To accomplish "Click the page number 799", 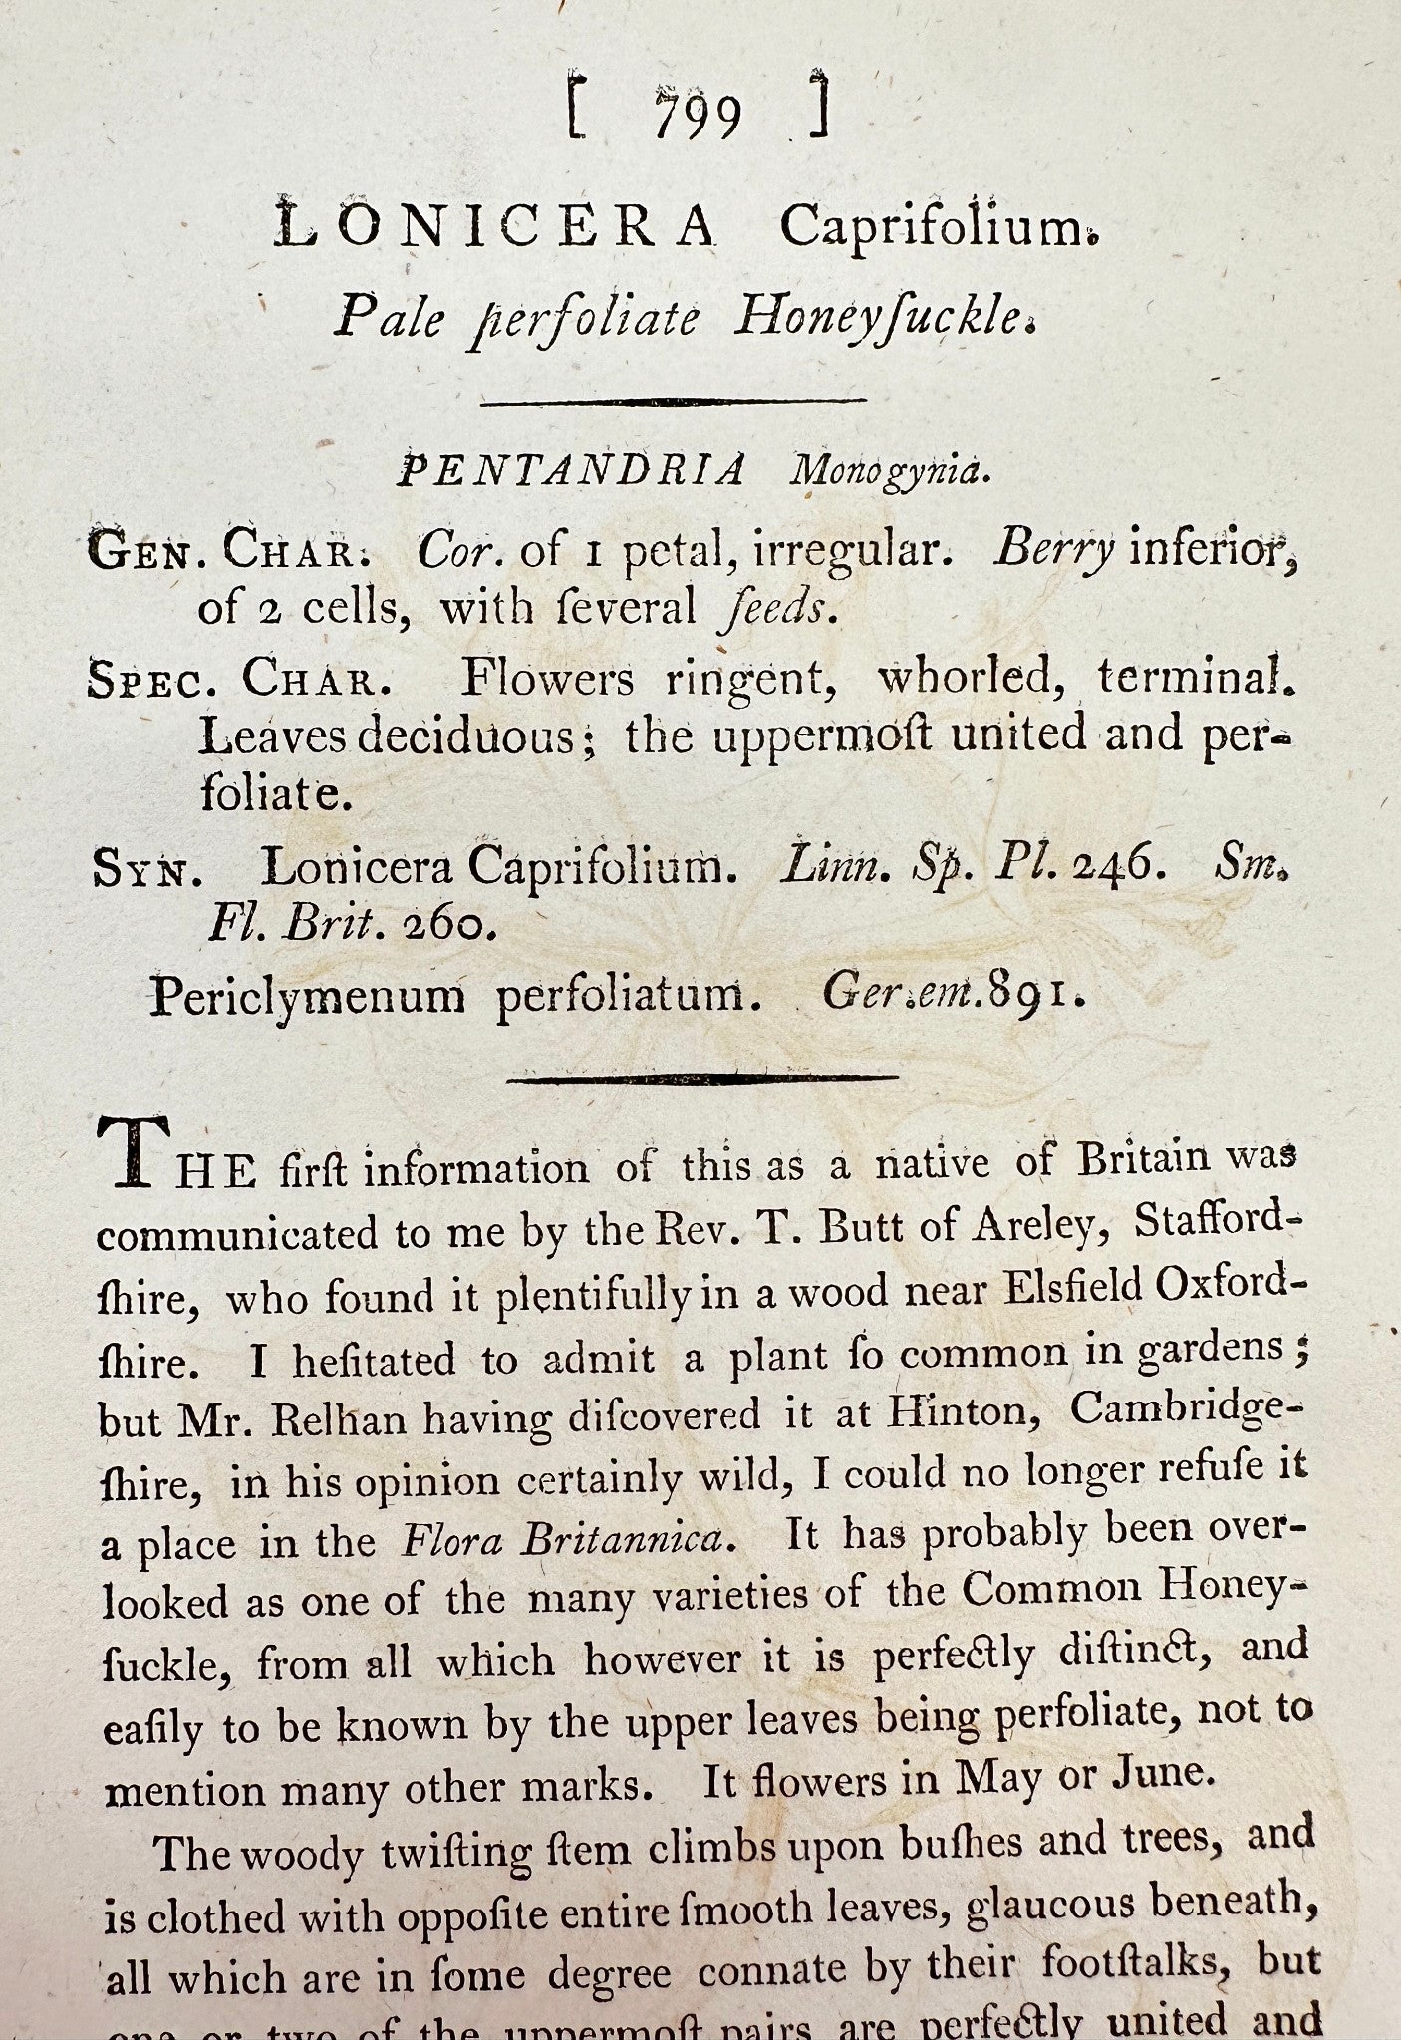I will pos(699,118).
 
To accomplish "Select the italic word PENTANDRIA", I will pos(571,470).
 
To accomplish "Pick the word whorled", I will pos(965,679).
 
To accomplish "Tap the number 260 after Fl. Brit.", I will pos(446,926).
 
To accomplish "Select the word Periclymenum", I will pos(307,995).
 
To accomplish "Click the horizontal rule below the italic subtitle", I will pos(673,401).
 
